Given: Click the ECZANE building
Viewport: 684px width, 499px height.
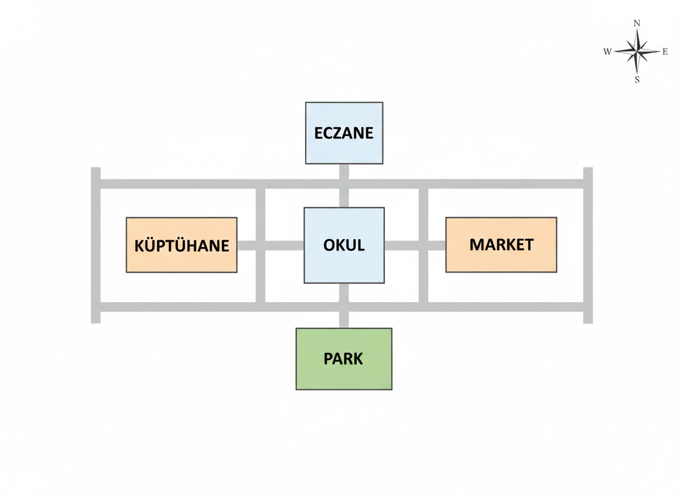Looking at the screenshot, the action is (x=344, y=133).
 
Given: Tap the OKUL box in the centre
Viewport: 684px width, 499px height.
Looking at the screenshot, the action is (x=344, y=245).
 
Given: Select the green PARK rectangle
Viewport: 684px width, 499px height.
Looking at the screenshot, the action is (x=344, y=359).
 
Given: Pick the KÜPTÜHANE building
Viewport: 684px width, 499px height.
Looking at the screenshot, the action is (x=181, y=245).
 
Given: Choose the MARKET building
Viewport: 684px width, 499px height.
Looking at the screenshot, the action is (x=501, y=245).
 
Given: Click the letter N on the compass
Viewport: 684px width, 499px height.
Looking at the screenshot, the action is (x=637, y=23).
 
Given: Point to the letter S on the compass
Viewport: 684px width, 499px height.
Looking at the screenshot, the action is (x=637, y=80).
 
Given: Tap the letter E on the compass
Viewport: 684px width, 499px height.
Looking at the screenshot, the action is (x=665, y=51).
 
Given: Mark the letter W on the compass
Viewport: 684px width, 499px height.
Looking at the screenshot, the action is (x=607, y=51).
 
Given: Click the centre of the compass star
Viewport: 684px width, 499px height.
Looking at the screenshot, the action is (x=637, y=51).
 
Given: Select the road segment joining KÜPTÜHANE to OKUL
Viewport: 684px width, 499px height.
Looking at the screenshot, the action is (x=270, y=245).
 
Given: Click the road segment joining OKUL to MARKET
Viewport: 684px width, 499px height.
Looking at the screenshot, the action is (x=415, y=245).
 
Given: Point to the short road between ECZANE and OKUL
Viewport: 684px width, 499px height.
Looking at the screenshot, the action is (x=344, y=186).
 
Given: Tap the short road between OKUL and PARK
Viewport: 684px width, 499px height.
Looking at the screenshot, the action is (x=344, y=306).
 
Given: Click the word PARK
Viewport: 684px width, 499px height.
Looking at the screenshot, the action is (x=343, y=359).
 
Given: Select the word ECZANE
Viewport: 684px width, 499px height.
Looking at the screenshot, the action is (x=344, y=133).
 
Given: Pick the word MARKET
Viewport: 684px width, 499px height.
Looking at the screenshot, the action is (x=501, y=245).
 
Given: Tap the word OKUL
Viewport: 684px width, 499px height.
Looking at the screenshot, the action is (x=344, y=245).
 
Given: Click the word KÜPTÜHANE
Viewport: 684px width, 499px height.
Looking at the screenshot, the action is (x=181, y=245).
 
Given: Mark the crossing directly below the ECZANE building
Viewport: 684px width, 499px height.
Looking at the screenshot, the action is (x=344, y=184).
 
